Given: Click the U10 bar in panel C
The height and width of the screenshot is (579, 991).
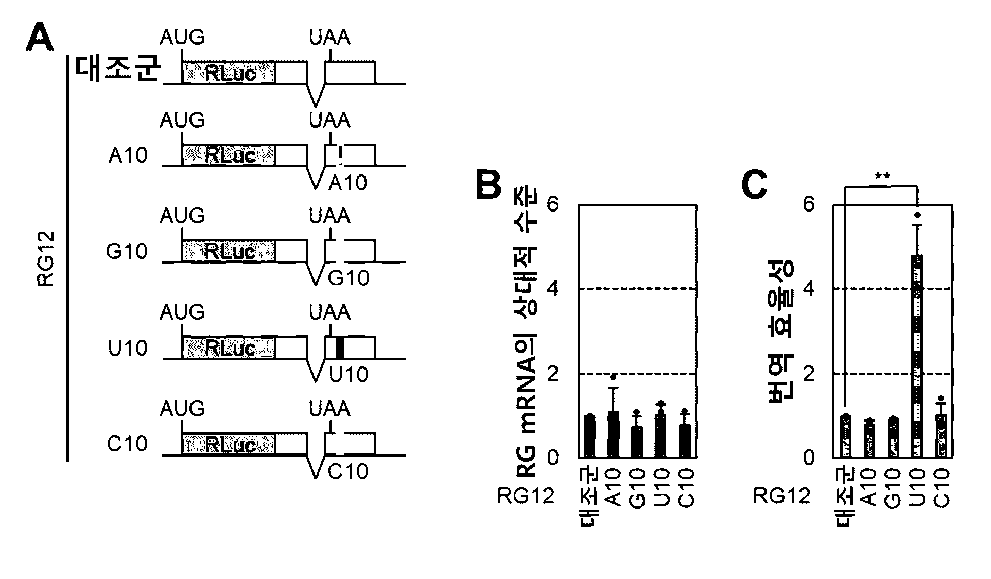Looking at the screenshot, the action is click(x=917, y=356).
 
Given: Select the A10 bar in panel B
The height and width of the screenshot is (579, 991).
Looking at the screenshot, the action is click(x=613, y=434).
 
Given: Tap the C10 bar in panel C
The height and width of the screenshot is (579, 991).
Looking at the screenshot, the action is click(x=942, y=435).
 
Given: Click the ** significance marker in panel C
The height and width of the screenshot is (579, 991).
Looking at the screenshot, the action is click(x=882, y=177).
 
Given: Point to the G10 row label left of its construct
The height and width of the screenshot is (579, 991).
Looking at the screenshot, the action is click(x=127, y=251).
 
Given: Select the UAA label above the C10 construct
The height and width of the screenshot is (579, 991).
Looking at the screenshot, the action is click(x=329, y=409).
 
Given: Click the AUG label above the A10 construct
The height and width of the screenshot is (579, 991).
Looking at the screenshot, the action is click(x=182, y=120).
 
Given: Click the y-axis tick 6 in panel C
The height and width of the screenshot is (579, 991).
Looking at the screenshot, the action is click(x=809, y=205).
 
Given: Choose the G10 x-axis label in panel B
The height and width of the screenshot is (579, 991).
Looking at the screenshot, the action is click(x=637, y=488).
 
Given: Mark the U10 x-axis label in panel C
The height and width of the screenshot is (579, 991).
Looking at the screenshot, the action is click(x=918, y=488).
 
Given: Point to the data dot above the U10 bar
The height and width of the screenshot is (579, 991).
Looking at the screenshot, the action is click(x=917, y=215).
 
